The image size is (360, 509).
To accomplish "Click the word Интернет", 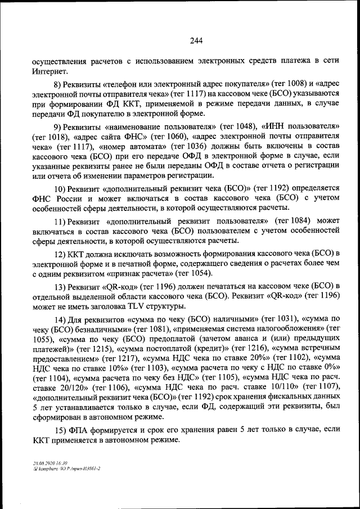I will click(x=49, y=71).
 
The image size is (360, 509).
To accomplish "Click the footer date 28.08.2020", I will click(x=42, y=462).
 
